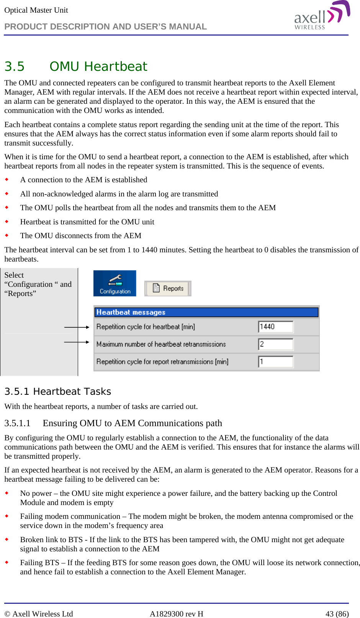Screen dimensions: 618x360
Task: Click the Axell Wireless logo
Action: click(322, 16)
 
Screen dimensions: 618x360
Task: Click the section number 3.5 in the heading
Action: click(15, 67)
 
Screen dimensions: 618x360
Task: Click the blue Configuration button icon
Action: click(115, 283)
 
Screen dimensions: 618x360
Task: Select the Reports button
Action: click(168, 288)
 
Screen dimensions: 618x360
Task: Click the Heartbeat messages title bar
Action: click(206, 312)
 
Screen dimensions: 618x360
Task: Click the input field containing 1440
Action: click(275, 327)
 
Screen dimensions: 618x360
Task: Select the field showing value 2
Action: click(275, 344)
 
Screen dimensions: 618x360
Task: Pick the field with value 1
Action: click(275, 361)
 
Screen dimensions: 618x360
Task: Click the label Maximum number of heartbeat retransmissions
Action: click(161, 344)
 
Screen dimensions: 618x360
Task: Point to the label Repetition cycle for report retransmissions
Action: click(162, 361)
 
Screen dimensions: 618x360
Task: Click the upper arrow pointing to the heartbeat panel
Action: click(77, 327)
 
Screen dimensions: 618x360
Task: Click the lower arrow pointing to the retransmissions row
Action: click(77, 342)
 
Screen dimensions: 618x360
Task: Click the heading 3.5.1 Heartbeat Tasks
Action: click(57, 391)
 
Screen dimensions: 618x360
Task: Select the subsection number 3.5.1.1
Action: click(17, 423)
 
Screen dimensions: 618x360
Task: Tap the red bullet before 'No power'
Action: click(7, 493)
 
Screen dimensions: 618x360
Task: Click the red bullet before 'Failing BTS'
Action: click(7, 562)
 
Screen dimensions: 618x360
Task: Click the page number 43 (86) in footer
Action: click(337, 614)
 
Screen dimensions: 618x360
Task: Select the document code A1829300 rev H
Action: click(176, 614)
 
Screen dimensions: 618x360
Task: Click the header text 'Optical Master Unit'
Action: click(36, 10)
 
